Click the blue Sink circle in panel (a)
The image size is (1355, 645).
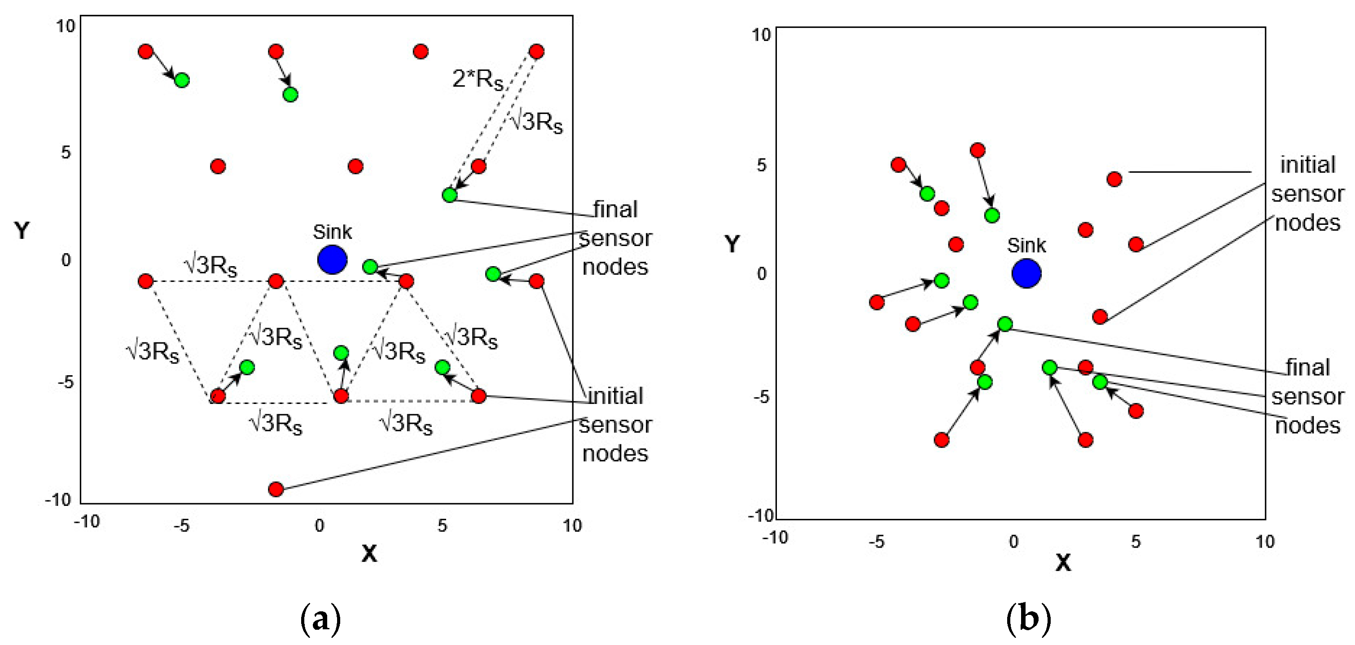[x=332, y=259]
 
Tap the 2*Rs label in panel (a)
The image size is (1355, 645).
[x=477, y=79]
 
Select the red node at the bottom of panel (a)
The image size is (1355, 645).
[x=276, y=489]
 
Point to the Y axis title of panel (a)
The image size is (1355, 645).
[x=22, y=230]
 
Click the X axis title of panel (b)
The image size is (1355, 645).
[x=1062, y=563]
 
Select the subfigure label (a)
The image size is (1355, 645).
[x=320, y=620]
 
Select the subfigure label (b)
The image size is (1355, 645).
[x=1028, y=620]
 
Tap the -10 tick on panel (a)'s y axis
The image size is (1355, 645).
[x=58, y=499]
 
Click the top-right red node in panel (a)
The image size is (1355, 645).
[x=536, y=52]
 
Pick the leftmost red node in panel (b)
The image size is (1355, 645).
[x=877, y=302]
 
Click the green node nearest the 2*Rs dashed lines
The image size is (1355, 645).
[x=449, y=195]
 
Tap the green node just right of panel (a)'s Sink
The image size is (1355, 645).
[x=370, y=267]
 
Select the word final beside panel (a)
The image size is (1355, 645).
[x=615, y=209]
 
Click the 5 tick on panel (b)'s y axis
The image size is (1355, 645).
[x=761, y=165]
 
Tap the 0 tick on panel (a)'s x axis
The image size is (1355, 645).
[x=319, y=525]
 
